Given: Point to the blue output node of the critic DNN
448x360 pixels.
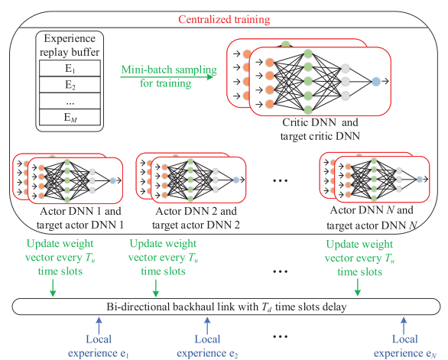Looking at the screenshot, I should point(375,80).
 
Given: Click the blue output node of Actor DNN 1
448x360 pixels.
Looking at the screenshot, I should point(112,180).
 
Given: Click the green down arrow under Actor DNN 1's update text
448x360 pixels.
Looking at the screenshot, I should point(52,287).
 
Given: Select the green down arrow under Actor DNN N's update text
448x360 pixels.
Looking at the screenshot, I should point(358,287).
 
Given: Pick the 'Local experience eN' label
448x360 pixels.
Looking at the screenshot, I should point(405,345).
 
